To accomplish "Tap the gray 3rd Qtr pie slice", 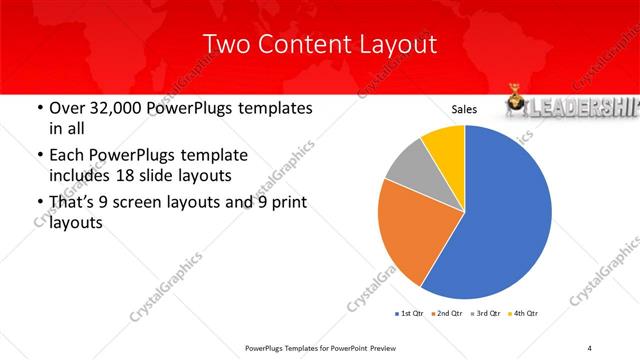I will click(x=408, y=164).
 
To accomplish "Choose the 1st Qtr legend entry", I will click(x=409, y=313).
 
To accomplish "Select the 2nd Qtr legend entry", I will click(x=446, y=313).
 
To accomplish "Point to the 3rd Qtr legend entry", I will click(x=484, y=313).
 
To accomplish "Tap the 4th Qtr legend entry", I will click(x=522, y=313).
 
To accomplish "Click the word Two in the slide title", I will click(x=226, y=44).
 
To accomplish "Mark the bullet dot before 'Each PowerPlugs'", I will click(x=39, y=156).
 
